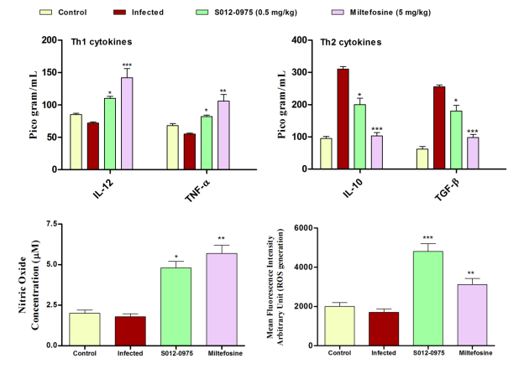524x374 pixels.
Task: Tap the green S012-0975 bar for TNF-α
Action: (206, 143)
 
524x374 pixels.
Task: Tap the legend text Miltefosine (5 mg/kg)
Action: (392, 13)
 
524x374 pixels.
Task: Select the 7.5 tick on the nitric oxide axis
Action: (51, 225)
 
